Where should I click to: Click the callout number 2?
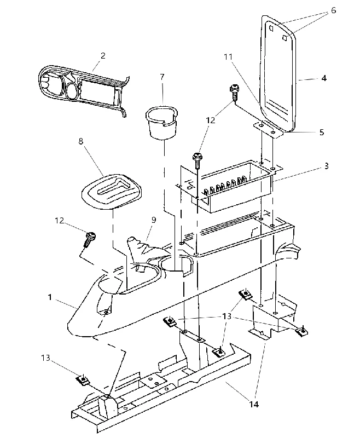tap(103, 56)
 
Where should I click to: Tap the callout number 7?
tap(162, 77)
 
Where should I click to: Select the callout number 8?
tap(80, 141)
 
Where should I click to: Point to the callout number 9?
tap(154, 220)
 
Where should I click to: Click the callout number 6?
tap(334, 10)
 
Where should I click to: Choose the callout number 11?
tap(228, 57)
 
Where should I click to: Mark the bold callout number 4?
tap(324, 78)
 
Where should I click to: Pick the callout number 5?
tap(322, 132)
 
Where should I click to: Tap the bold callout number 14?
tap(254, 404)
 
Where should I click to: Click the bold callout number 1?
tap(50, 297)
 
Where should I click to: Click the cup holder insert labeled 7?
tap(161, 122)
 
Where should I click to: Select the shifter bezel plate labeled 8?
tap(111, 192)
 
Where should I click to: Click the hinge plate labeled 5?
tap(269, 129)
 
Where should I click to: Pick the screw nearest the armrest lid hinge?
tap(233, 93)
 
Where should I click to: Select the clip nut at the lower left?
tap(82, 380)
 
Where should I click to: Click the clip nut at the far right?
tap(301, 331)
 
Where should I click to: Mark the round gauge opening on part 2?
tap(72, 91)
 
